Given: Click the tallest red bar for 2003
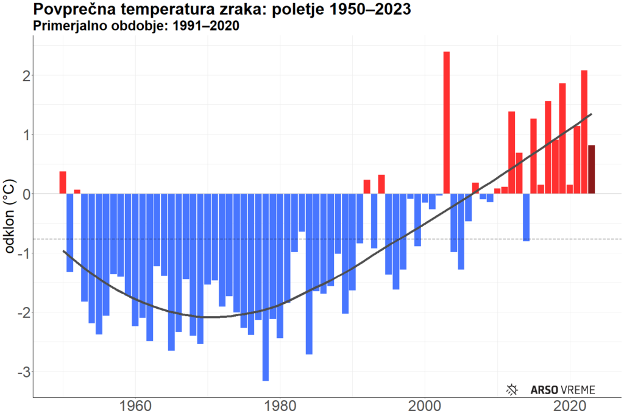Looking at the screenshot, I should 447,122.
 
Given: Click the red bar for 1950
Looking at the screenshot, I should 63,183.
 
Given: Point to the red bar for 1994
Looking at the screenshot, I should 381,184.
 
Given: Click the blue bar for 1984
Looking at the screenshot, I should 309,273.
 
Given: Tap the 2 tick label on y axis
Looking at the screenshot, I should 24,76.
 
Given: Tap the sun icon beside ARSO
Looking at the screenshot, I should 513,389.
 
